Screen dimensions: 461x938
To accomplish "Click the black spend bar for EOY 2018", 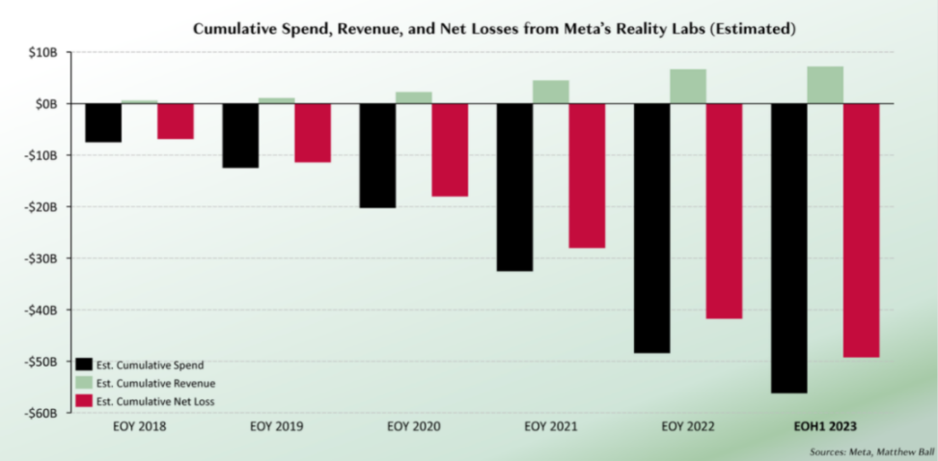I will [x=103, y=122].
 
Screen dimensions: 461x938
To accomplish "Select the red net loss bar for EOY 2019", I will [x=313, y=132].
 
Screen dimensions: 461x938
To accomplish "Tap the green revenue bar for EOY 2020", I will [x=413, y=97].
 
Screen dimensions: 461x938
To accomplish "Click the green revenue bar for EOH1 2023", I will [x=825, y=85].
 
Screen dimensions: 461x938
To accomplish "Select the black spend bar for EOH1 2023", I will [x=788, y=248].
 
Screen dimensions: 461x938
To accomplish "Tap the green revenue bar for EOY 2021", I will [x=550, y=92].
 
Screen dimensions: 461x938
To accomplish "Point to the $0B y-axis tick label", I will [x=52, y=103].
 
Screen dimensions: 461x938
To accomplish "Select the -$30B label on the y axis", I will [x=47, y=258].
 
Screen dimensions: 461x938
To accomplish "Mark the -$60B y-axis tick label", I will [x=47, y=413].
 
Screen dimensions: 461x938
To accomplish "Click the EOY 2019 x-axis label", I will [x=277, y=425].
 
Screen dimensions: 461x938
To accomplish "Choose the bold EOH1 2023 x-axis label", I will [x=825, y=425].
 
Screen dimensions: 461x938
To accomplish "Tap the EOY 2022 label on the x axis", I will [x=688, y=425].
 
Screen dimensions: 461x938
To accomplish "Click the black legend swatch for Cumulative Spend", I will [x=83, y=365].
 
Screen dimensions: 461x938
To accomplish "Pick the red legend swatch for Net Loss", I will [x=83, y=400].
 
